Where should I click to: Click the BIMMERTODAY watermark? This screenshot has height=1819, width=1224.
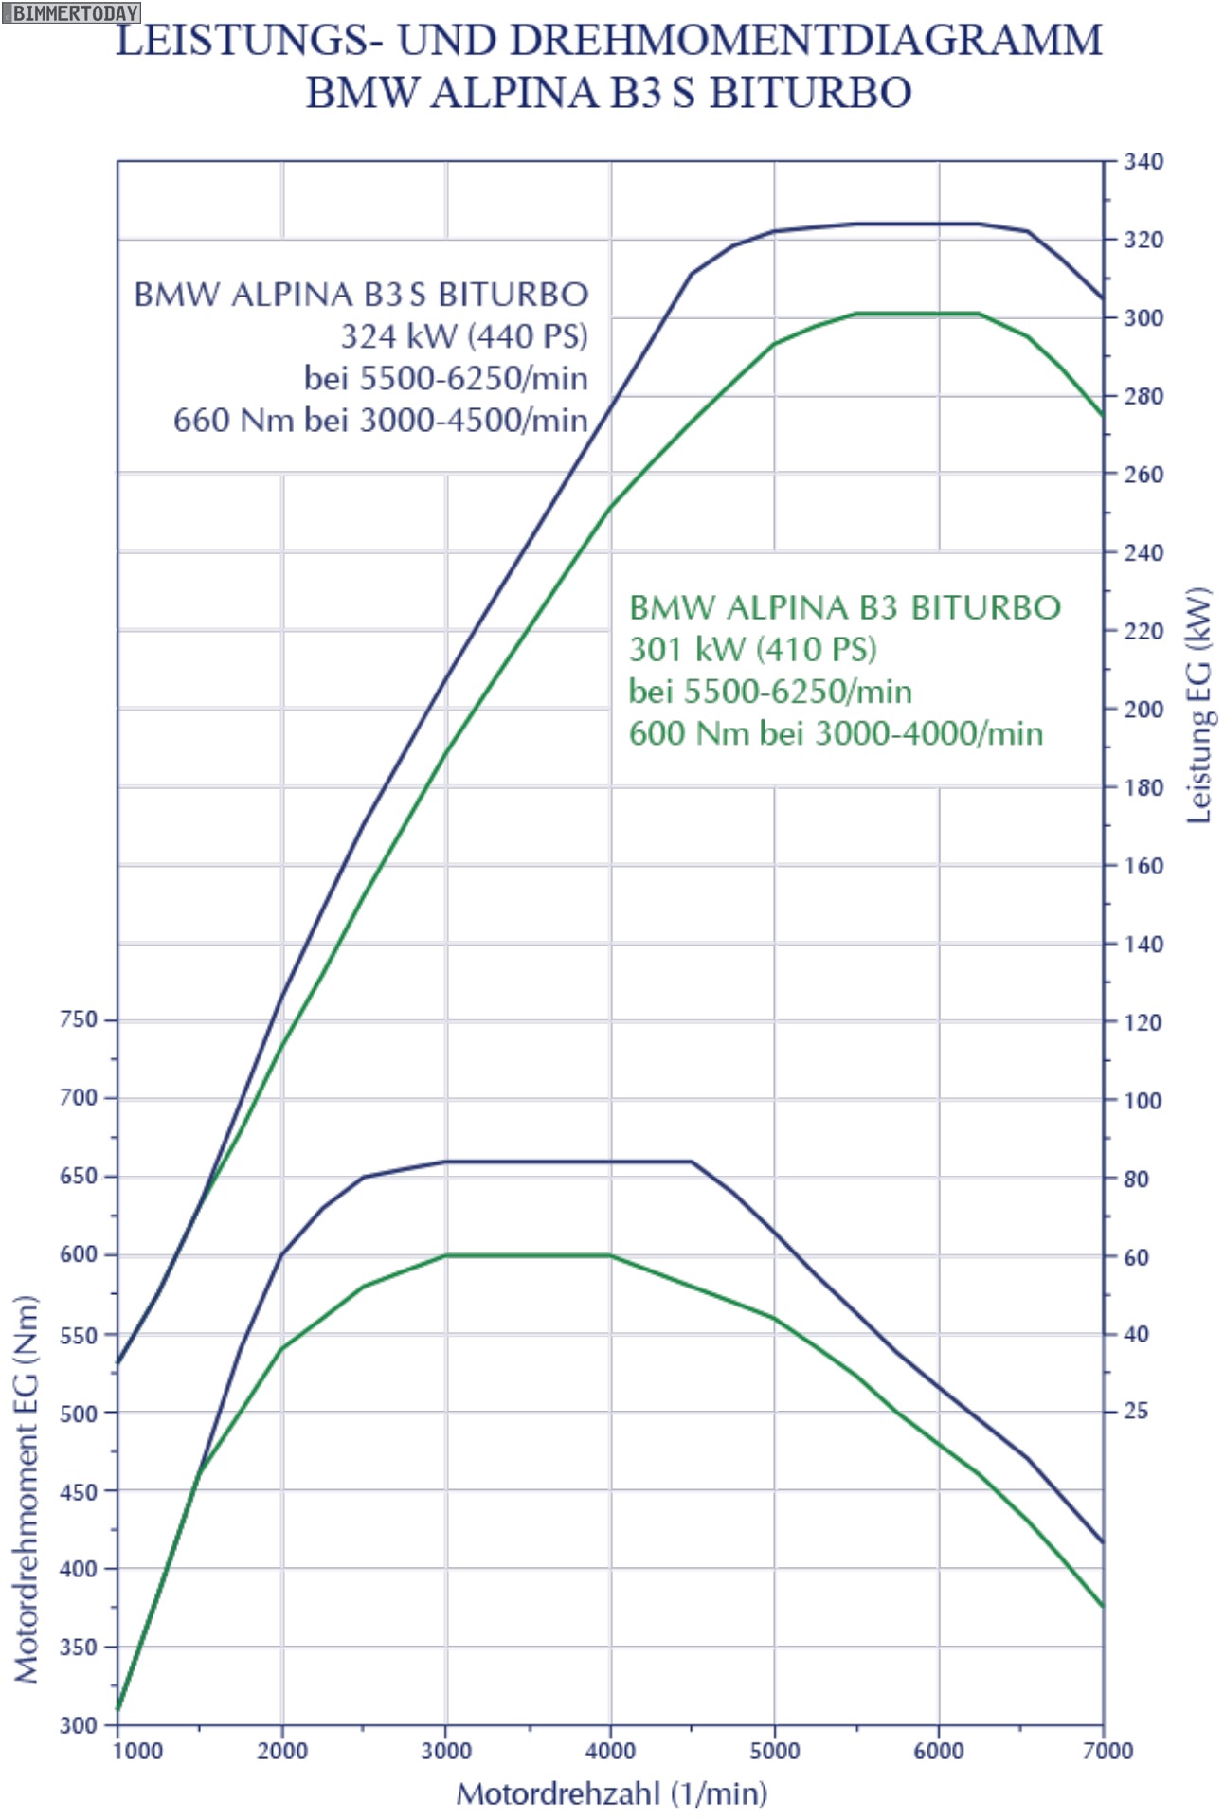[71, 12]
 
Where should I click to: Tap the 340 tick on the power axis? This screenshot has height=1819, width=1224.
[1143, 161]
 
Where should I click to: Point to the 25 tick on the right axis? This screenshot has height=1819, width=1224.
[1136, 1411]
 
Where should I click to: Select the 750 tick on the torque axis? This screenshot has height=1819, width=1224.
[79, 1019]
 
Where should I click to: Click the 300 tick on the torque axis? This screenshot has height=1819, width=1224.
[79, 1724]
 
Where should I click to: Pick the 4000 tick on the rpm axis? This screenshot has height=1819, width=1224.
[610, 1751]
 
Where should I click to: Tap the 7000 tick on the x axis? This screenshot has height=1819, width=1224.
[1107, 1751]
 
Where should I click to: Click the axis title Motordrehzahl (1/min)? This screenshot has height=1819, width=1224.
[611, 1793]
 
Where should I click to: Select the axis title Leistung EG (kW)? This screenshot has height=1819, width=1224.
[1199, 706]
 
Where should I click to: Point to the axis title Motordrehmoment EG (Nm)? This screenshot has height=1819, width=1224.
[27, 1488]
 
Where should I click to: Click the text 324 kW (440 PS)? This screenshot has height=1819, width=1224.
[464, 336]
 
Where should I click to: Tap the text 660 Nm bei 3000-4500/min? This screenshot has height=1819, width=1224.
[380, 420]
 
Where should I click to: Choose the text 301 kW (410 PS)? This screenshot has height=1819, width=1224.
[753, 649]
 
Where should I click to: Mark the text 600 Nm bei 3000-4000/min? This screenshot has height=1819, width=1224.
[836, 733]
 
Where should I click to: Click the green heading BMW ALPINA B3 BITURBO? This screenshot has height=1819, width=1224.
[845, 607]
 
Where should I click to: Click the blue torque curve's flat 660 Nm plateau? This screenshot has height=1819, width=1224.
[568, 1162]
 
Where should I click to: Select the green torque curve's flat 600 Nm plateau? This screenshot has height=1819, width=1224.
[528, 1255]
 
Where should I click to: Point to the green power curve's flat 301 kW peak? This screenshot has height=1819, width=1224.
[917, 313]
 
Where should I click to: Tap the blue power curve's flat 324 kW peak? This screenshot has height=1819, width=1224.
[917, 224]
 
